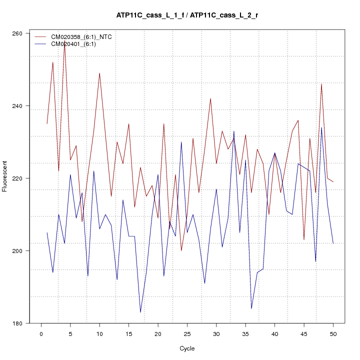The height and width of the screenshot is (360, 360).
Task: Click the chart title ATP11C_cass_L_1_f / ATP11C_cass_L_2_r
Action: pyautogui.click(x=187, y=15)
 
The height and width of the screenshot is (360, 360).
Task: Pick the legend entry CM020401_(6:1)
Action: pyautogui.click(x=70, y=44)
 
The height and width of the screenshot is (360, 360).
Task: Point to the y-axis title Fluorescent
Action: pyautogui.click(x=5, y=176)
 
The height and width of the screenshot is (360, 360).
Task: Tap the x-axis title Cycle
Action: pyautogui.click(x=187, y=348)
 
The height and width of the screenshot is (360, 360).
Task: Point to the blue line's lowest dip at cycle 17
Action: pyautogui.click(x=140, y=312)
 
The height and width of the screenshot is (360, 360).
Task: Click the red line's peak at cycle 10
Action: pyautogui.click(x=99, y=73)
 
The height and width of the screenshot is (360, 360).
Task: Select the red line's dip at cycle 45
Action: pyautogui.click(x=304, y=239)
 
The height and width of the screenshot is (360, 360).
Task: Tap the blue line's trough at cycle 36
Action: pyautogui.click(x=251, y=308)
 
